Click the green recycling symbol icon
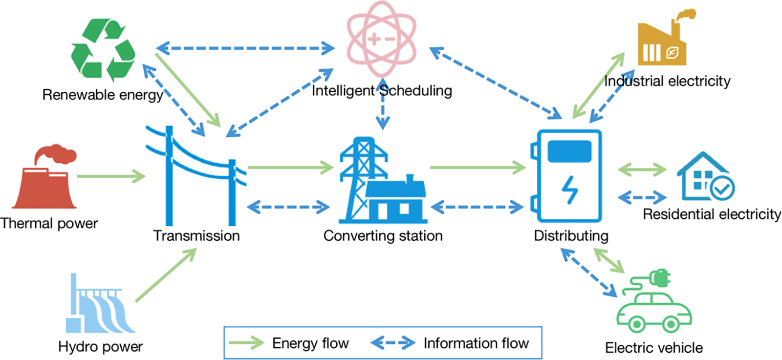click(103, 50)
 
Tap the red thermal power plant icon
click(44, 176)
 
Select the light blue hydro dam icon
click(101, 303)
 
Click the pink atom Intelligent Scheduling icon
click(382, 39)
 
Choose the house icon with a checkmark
click(706, 176)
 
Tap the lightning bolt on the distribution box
click(570, 190)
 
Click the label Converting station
click(383, 236)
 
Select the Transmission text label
click(196, 236)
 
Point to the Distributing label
click(571, 236)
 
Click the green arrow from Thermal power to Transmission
click(111, 176)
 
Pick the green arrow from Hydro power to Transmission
click(166, 275)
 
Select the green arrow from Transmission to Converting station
click(291, 168)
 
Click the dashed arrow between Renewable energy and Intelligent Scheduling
click(245, 48)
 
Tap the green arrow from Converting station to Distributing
click(478, 168)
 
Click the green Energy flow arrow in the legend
click(246, 343)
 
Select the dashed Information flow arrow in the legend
click(393, 343)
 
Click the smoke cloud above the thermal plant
click(55, 153)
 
